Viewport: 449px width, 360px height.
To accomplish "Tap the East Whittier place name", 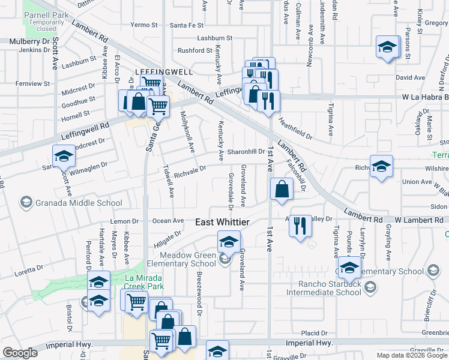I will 222,222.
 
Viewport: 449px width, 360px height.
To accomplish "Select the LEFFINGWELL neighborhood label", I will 164,71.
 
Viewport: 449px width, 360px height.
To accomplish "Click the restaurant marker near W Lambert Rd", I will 300,226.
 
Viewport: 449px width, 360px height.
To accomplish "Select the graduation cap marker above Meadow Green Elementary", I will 228,242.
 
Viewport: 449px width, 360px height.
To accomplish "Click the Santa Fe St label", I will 187,25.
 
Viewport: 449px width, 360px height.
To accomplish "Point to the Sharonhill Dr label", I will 246,151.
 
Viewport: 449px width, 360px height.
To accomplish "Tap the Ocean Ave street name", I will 167,221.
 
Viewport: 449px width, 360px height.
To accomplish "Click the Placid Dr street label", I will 315,333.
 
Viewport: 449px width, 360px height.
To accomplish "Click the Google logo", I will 21,353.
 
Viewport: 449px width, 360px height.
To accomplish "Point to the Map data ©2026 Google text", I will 411,355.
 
